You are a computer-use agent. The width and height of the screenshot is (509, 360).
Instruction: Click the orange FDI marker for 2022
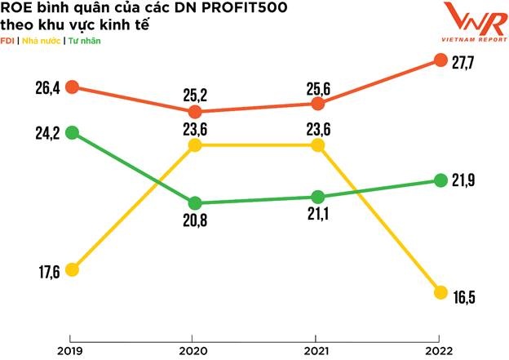[x=440, y=60]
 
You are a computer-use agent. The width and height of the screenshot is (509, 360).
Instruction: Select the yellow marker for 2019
[x=72, y=270]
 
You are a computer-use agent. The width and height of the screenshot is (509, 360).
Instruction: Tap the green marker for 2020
[x=195, y=203]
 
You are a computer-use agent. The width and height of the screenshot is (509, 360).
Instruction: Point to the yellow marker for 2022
[x=440, y=292]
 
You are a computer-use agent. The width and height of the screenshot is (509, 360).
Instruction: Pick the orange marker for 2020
[x=195, y=112]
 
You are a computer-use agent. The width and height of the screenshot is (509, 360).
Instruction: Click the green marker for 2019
[x=72, y=132]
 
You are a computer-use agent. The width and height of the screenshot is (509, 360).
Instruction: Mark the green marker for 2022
[x=440, y=180]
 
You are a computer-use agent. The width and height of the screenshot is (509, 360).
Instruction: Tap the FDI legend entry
[x=7, y=41]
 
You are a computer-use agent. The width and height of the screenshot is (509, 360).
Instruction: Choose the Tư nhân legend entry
[x=85, y=41]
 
